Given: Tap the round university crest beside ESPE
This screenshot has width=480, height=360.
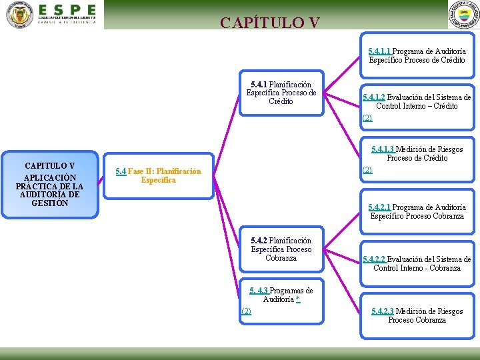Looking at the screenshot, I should click(x=19, y=15).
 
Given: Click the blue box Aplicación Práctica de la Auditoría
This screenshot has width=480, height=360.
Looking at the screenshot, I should click(x=49, y=185).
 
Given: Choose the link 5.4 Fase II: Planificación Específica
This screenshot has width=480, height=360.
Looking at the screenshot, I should click(x=158, y=176).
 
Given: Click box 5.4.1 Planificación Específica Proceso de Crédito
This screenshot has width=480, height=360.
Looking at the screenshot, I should click(x=281, y=93).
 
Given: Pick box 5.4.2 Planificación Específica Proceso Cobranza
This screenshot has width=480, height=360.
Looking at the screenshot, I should click(x=281, y=249).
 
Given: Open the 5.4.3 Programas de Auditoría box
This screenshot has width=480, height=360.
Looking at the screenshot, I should click(x=281, y=295).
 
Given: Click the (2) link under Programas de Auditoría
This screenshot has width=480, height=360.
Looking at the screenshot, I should click(x=246, y=311).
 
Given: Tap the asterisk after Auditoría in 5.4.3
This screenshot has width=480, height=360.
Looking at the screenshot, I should click(x=297, y=300).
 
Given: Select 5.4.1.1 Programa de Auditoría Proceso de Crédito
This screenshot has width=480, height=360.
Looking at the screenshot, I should click(x=417, y=56).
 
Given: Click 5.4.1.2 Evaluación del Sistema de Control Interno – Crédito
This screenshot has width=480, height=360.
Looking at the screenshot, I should click(x=417, y=101).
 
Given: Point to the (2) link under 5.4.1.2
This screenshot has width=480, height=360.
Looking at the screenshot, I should click(x=367, y=118).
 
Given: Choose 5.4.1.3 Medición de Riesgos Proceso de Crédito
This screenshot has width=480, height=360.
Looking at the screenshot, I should click(x=417, y=153).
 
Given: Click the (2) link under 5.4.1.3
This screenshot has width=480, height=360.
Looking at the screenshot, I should click(x=367, y=170).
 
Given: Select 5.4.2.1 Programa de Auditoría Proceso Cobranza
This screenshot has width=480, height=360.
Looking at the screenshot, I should click(x=417, y=212).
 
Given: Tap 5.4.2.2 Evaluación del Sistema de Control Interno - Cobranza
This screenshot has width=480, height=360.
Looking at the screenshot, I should click(x=417, y=264).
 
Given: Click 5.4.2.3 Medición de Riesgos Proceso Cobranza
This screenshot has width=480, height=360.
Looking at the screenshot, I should click(x=417, y=316).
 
